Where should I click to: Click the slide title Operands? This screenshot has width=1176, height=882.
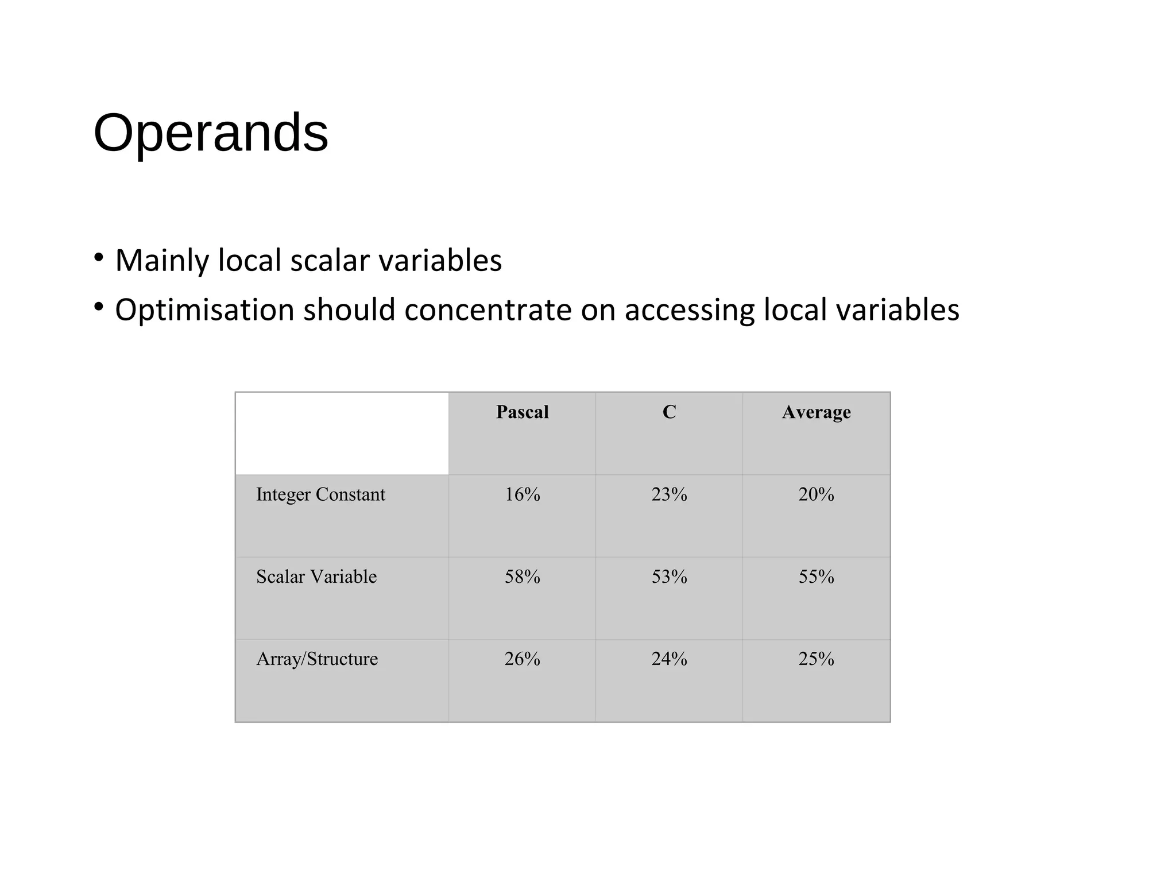pos(211,133)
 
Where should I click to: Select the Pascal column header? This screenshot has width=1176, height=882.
pos(522,412)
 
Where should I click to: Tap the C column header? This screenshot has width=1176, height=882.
pos(669,412)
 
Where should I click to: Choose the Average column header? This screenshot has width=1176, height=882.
pos(816,412)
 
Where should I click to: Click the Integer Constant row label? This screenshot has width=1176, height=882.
pos(320,494)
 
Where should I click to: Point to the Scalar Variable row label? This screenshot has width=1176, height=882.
pos(316,577)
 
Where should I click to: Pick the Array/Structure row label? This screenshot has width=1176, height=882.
pos(317,659)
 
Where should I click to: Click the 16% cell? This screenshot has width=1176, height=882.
pos(522,494)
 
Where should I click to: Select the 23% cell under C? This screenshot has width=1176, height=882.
pos(669,494)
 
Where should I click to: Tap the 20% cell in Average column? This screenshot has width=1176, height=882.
pos(816,494)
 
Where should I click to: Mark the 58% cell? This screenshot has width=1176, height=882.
pos(522,577)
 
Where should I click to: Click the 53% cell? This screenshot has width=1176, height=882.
pos(669,577)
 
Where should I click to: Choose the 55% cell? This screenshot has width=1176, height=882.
pos(816,577)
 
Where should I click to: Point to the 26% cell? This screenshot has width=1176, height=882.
pos(522,659)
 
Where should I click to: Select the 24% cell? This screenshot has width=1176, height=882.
pos(669,659)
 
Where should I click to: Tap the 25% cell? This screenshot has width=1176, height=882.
pos(816,659)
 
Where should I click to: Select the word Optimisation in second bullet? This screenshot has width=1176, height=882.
pos(204,311)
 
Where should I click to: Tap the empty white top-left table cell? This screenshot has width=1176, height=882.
pos(342,434)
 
